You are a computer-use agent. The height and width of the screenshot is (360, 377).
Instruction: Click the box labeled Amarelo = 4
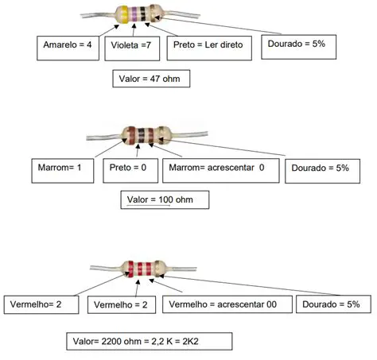pyautogui.click(x=68, y=47)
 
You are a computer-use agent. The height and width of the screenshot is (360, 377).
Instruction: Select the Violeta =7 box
pyautogui.click(x=132, y=47)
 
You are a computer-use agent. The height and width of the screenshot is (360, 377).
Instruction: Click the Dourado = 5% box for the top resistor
pyautogui.click(x=296, y=45)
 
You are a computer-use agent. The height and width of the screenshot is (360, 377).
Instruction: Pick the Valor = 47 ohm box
pyautogui.click(x=151, y=79)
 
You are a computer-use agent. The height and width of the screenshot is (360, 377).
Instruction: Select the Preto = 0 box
pyautogui.click(x=130, y=168)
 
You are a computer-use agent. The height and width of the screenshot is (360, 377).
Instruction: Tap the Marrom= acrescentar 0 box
pyautogui.click(x=222, y=168)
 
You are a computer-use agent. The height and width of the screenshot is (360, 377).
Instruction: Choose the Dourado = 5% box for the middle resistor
pyautogui.click(x=319, y=168)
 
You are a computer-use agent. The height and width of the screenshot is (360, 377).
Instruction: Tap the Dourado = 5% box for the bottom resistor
pyautogui.click(x=333, y=304)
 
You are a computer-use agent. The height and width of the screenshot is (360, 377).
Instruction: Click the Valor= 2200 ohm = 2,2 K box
pyautogui.click(x=150, y=340)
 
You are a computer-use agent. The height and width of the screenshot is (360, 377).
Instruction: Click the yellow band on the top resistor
pyautogui.click(x=123, y=14)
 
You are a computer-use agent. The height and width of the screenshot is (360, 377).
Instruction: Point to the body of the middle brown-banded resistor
pyautogui.click(x=145, y=134)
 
